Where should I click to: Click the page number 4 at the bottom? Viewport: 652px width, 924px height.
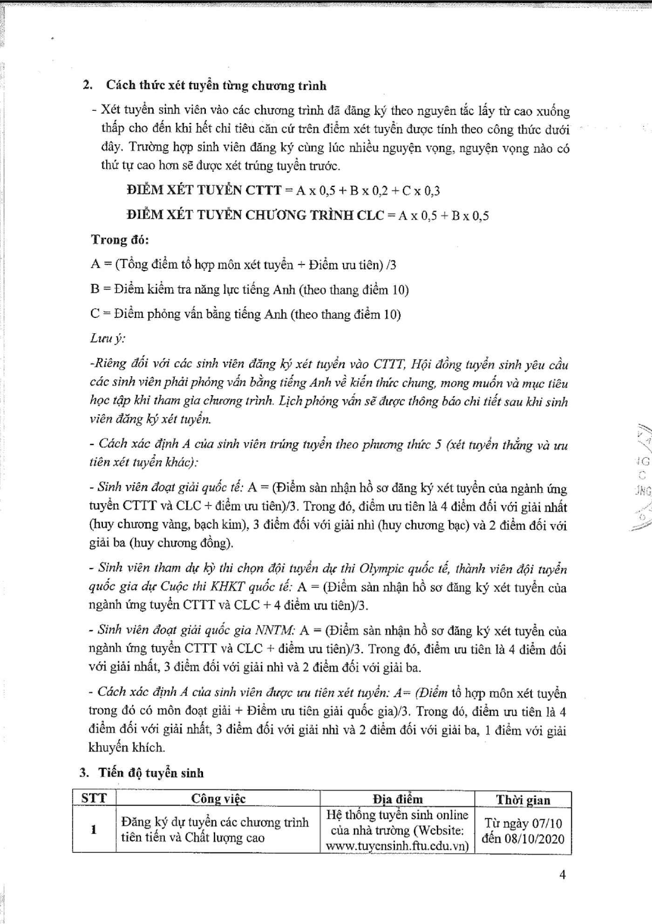[562, 875]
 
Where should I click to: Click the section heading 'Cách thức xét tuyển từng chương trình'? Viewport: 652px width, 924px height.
[216, 86]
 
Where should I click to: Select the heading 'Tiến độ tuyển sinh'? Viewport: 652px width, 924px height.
[151, 773]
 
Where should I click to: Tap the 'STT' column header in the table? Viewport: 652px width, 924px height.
[94, 798]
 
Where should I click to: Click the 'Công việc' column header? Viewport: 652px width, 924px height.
[218, 799]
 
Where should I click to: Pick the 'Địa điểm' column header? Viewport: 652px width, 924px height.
[397, 799]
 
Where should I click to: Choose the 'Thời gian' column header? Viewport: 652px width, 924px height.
[523, 800]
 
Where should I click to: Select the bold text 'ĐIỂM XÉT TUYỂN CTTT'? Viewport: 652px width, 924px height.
[204, 190]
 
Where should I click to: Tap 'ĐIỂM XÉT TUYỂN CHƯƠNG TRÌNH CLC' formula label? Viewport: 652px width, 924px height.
[255, 215]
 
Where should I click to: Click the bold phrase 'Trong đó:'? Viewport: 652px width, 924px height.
[120, 240]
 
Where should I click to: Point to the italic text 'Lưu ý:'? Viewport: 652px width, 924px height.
[107, 338]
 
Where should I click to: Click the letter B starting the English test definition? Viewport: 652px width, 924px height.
[95, 290]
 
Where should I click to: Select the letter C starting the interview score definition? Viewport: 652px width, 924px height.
[95, 314]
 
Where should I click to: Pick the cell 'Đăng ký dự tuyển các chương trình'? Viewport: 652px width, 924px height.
[215, 822]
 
